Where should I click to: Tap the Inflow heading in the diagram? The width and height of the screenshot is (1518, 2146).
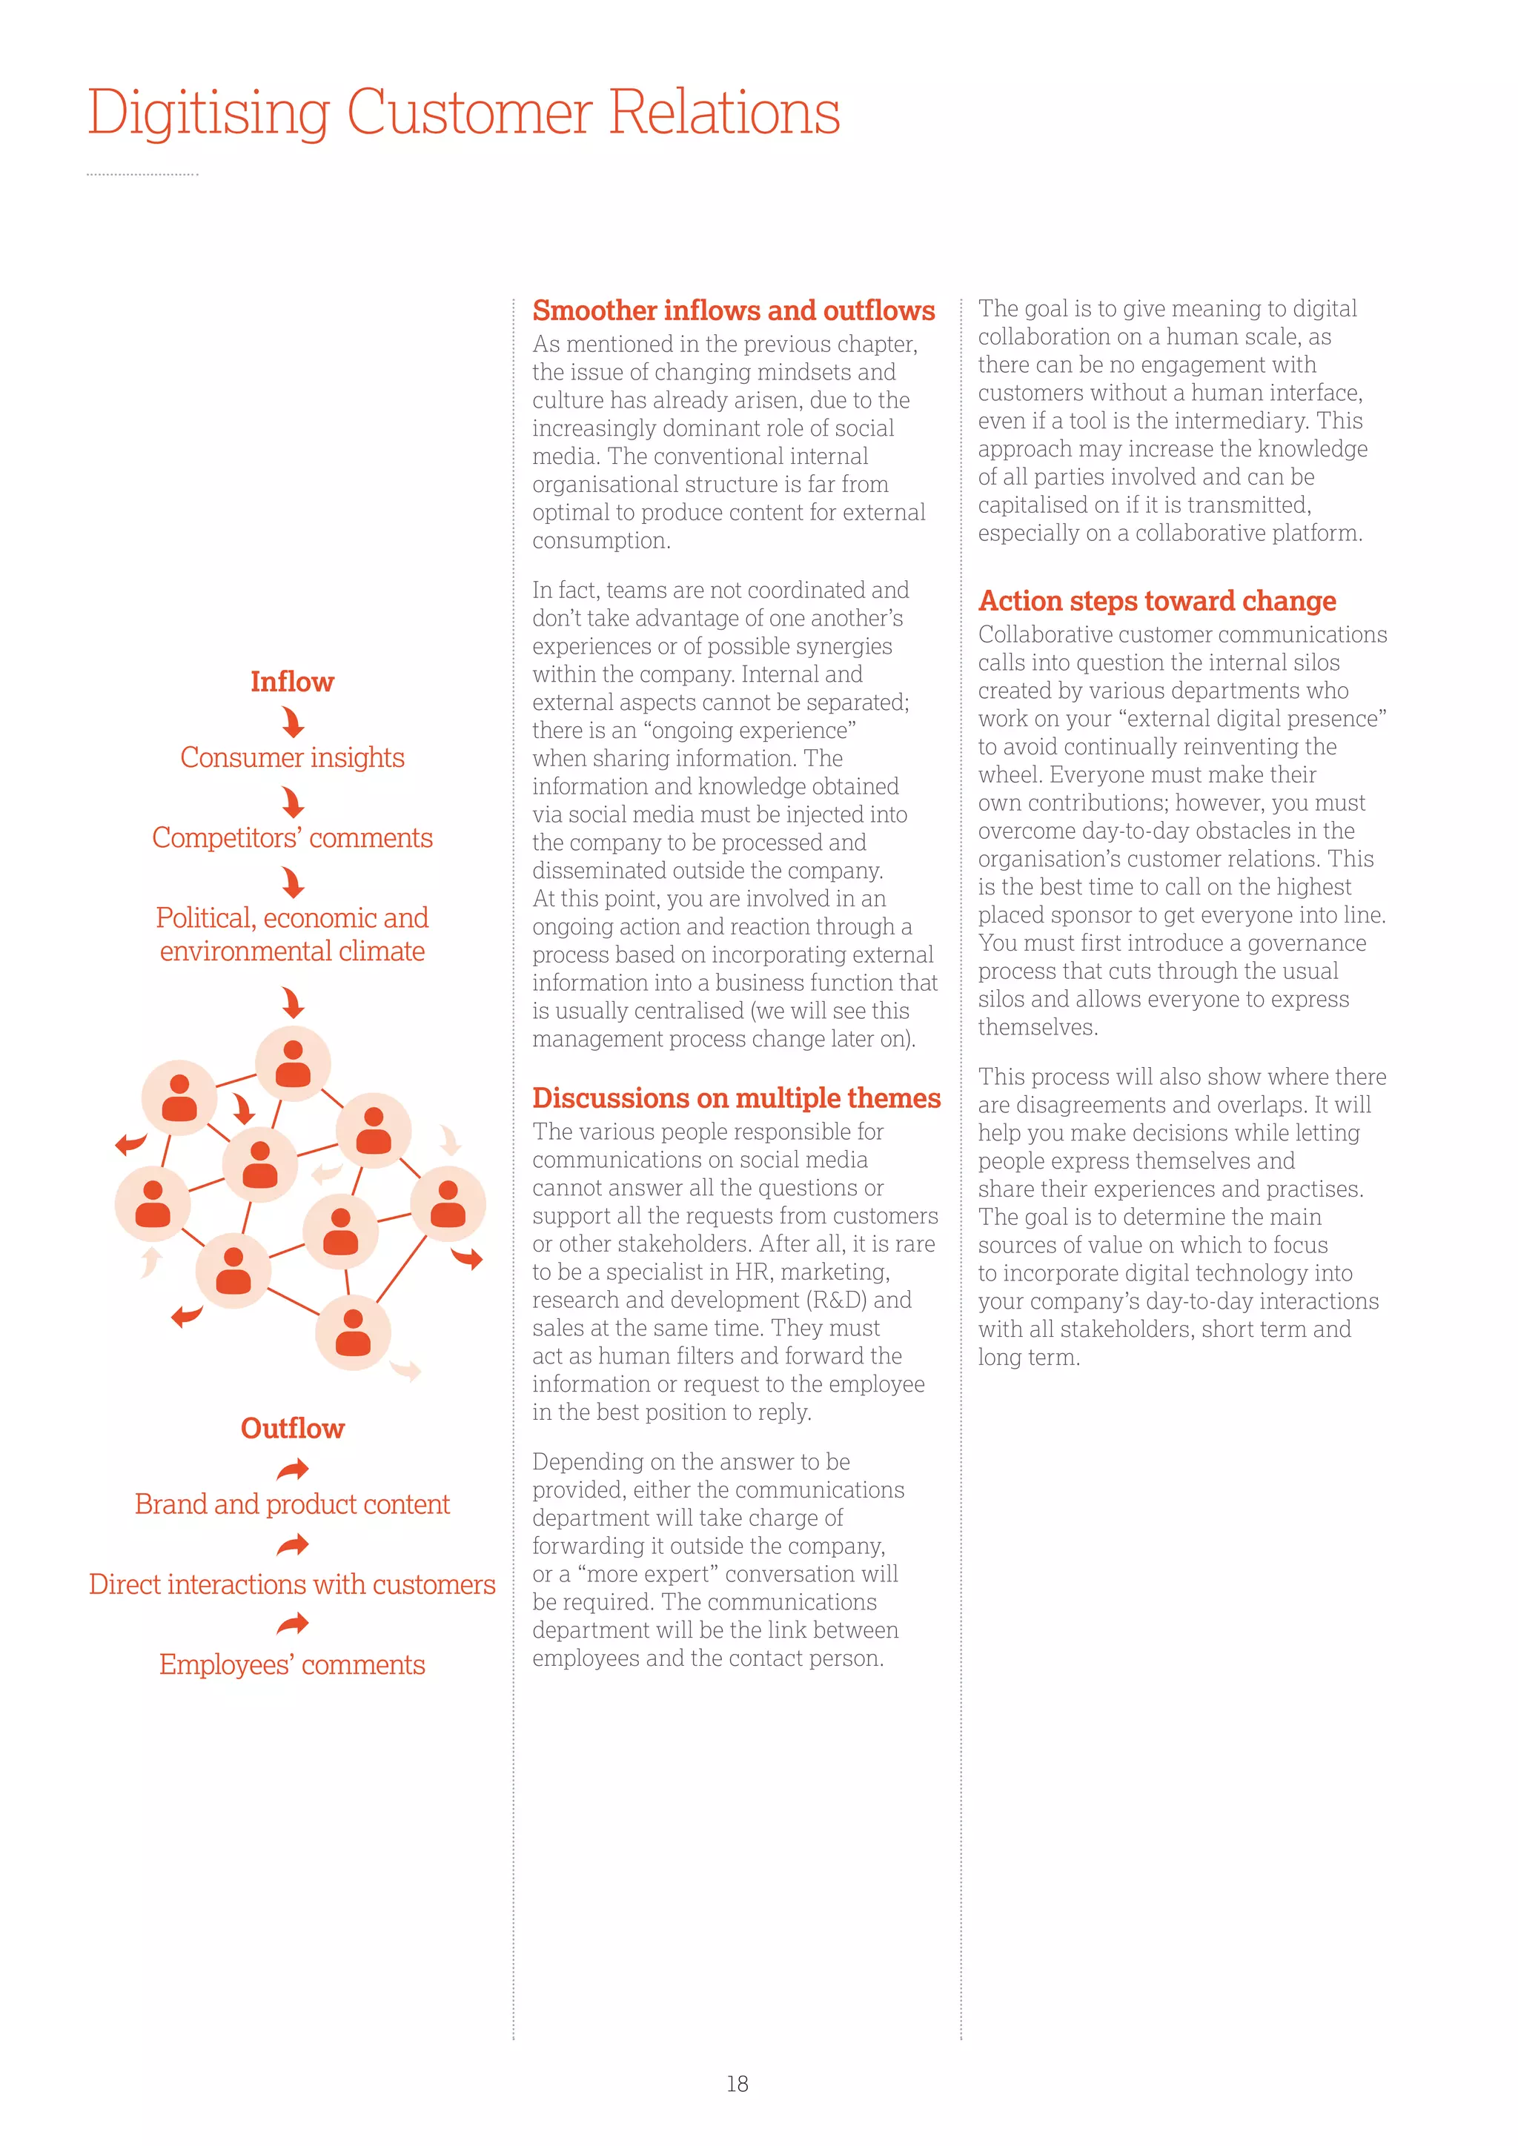click(x=291, y=682)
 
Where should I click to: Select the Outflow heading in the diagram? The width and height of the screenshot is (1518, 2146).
click(x=293, y=1428)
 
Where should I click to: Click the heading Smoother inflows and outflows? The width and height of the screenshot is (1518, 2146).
click(x=733, y=310)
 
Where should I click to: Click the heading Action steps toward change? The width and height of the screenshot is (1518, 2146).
click(x=1156, y=601)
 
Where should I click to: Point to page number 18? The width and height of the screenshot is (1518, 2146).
click(x=737, y=2083)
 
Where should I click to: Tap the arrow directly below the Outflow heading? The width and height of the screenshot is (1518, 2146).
click(x=293, y=1470)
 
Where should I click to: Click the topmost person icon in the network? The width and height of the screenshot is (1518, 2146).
click(x=294, y=1063)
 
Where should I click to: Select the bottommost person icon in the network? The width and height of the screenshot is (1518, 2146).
click(x=352, y=1332)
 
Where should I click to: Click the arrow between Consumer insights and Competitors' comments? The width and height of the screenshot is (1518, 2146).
click(x=293, y=802)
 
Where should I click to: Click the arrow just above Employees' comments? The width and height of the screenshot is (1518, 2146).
click(x=293, y=1624)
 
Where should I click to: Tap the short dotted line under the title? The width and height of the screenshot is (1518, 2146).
click(x=142, y=175)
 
